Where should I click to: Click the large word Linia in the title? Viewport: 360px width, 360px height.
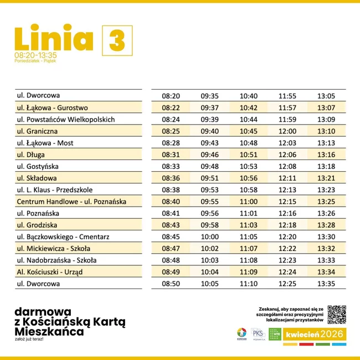point(54,38)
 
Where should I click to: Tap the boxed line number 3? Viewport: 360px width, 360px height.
point(117,40)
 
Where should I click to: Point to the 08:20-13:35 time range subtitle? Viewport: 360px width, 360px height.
point(35,55)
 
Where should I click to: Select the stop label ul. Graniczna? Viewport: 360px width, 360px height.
point(38,131)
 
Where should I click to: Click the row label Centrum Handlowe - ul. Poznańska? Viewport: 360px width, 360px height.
point(72,202)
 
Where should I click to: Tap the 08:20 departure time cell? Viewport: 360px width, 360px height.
point(171,96)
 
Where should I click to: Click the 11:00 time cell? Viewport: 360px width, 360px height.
point(249,202)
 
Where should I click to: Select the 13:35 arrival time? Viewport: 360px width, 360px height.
point(326,284)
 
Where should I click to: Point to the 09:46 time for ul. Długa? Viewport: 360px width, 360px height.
point(209,155)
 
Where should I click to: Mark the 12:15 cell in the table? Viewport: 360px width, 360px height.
point(287,202)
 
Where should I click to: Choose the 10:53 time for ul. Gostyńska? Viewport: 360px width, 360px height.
point(249,166)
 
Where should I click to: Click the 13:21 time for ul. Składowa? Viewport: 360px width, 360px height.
point(326,178)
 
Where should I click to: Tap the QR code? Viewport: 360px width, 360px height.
point(337,315)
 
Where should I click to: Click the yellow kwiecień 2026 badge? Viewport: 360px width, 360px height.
point(315,335)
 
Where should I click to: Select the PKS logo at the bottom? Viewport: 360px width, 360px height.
point(258,334)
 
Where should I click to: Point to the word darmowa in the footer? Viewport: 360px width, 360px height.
point(43,311)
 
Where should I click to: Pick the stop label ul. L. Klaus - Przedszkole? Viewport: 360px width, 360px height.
point(55,190)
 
